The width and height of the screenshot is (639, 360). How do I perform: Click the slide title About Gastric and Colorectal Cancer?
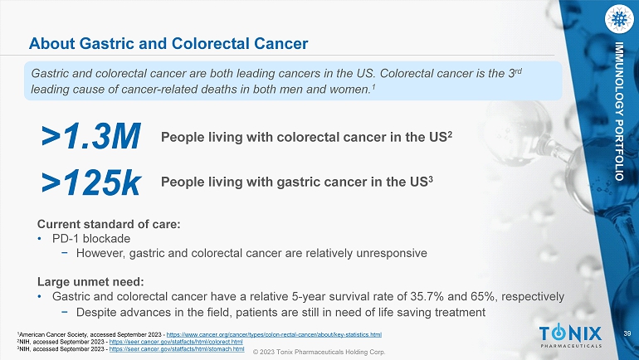(x=168, y=43)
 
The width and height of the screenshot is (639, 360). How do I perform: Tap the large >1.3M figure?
(x=91, y=136)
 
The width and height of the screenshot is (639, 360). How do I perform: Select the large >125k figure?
(x=91, y=182)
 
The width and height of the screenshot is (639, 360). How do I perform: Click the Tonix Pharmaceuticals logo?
(x=570, y=337)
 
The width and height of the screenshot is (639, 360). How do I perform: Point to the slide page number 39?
(x=627, y=334)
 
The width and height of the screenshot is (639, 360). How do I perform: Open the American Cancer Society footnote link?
(x=274, y=335)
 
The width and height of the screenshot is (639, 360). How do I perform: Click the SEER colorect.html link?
(x=176, y=342)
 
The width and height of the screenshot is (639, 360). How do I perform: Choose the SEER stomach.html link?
(x=177, y=349)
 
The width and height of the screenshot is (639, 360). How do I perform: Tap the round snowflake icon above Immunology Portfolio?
(x=619, y=19)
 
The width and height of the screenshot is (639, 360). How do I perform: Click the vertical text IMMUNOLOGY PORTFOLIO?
(x=619, y=111)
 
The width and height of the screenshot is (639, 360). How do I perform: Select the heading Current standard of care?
(x=109, y=224)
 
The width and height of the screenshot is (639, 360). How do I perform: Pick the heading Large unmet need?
(x=90, y=282)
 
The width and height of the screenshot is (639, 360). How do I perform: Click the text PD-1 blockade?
(x=91, y=239)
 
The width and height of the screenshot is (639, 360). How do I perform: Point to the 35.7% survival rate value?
(x=427, y=296)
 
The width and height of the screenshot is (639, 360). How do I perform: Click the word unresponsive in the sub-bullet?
(x=392, y=253)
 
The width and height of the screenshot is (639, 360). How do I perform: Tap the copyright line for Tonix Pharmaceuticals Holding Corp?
(x=319, y=352)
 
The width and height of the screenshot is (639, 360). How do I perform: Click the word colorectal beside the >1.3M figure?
(x=308, y=137)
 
